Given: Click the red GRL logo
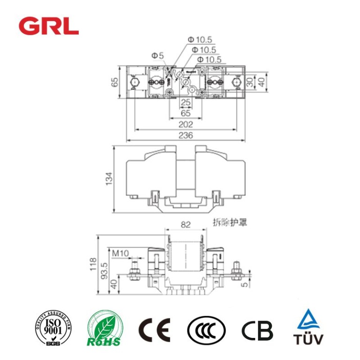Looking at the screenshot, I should (x=48, y=26).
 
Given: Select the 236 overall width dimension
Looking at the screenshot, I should (x=186, y=136).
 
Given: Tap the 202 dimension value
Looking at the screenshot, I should (x=186, y=125).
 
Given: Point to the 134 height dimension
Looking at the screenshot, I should (x=109, y=179).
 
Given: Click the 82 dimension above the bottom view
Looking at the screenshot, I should (x=186, y=225).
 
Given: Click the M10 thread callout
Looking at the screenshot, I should (x=120, y=253).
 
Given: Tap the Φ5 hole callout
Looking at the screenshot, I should (x=157, y=56).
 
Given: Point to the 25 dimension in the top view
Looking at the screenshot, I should (x=186, y=102).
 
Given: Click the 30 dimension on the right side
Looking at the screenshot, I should (x=250, y=82).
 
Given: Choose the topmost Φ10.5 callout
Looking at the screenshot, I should (x=202, y=40).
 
